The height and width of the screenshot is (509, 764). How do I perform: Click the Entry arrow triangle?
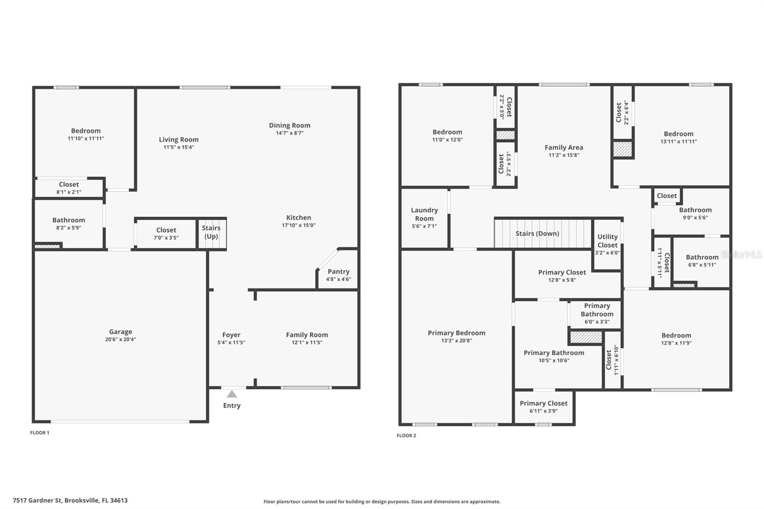pyautogui.click(x=232, y=394)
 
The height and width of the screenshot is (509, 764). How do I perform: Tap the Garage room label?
pyautogui.click(x=120, y=331)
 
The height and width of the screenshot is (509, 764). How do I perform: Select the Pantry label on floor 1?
pyautogui.click(x=339, y=271)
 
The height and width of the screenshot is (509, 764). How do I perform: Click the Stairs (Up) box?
pyautogui.click(x=211, y=233)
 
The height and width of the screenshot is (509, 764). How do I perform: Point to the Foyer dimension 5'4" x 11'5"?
pyautogui.click(x=231, y=342)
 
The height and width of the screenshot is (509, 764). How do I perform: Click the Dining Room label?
pyautogui.click(x=289, y=125)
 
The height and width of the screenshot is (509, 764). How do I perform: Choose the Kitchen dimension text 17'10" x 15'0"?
pyautogui.click(x=298, y=225)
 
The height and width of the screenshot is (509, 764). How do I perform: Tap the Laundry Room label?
pyautogui.click(x=424, y=214)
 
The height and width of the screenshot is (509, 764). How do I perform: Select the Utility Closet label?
pyautogui.click(x=607, y=241)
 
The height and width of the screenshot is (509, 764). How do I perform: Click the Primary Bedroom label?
pyautogui.click(x=456, y=333)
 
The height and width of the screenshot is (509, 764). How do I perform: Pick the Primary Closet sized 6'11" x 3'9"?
pyautogui.click(x=543, y=406)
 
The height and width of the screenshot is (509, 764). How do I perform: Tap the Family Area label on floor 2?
pyautogui.click(x=563, y=147)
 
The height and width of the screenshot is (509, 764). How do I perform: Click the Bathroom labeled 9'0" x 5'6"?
pyautogui.click(x=695, y=213)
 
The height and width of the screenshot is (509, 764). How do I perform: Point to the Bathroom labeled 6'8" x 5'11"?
pyautogui.click(x=702, y=260)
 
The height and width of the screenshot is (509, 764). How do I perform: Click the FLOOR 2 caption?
pyautogui.click(x=406, y=435)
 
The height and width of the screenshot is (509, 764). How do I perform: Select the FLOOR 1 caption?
pyautogui.click(x=40, y=433)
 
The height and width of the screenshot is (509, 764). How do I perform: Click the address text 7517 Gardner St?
pyautogui.click(x=38, y=500)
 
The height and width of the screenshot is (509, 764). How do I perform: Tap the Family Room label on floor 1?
pyautogui.click(x=307, y=335)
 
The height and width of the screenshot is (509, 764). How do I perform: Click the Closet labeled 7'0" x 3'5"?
pyautogui.click(x=166, y=233)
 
